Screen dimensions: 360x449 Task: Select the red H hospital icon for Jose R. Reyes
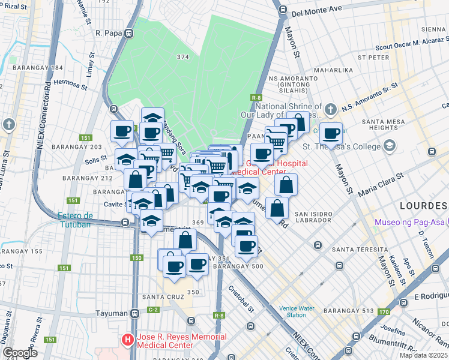click(x=128, y=340)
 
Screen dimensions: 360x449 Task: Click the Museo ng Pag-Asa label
click(x=409, y=223)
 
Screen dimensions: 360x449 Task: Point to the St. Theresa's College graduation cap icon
click(x=390, y=146)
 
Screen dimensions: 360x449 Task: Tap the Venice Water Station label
click(x=296, y=311)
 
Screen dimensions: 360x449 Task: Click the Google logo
click(x=20, y=353)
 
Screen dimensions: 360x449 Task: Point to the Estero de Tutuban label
click(x=76, y=220)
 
